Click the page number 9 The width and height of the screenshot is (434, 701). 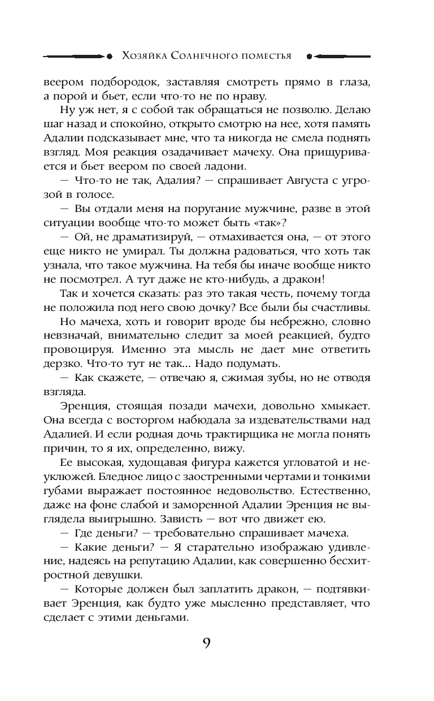[207, 643]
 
